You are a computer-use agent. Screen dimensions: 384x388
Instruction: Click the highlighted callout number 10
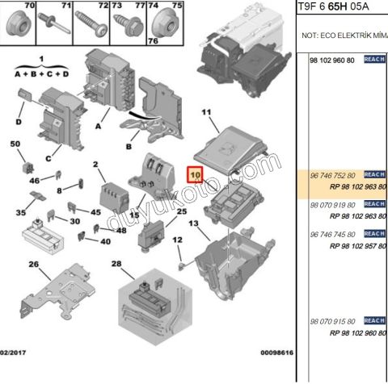pyautogui.click(x=195, y=173)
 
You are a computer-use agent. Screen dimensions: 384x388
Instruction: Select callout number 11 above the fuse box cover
pyautogui.click(x=205, y=112)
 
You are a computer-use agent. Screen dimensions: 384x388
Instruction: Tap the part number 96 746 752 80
pyautogui.click(x=333, y=175)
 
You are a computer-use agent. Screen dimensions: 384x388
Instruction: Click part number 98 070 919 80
pyautogui.click(x=333, y=206)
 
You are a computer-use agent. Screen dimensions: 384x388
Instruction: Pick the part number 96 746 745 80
pyautogui.click(x=333, y=235)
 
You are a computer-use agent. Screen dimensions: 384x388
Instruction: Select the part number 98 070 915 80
pyautogui.click(x=333, y=321)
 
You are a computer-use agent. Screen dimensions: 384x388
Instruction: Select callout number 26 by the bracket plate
pyautogui.click(x=33, y=265)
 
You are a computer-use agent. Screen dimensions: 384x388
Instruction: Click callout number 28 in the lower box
pyautogui.click(x=116, y=265)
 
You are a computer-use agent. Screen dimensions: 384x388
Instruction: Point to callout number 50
pyautogui.click(x=15, y=144)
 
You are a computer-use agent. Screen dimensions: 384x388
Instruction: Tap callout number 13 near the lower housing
pyautogui.click(x=193, y=223)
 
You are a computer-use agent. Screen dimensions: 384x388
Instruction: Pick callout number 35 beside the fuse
pyautogui.click(x=21, y=213)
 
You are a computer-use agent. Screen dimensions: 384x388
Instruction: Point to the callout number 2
pyautogui.click(x=95, y=165)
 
